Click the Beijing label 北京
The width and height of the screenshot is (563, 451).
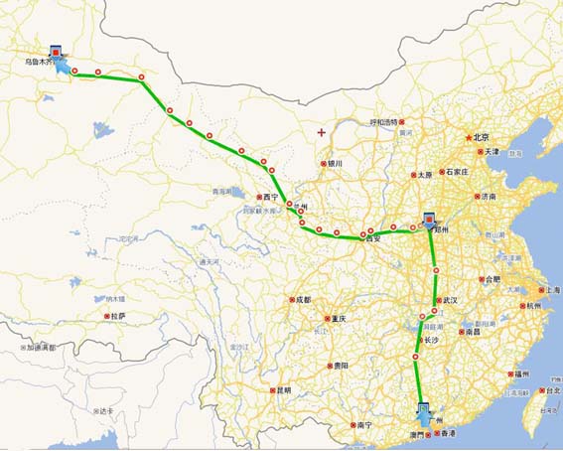pos(482,136)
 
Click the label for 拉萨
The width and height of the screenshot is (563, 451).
pos(119,316)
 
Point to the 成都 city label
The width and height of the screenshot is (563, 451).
pos(302,299)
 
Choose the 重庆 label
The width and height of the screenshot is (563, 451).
pos(338,319)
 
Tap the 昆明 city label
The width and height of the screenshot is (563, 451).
pos(284,390)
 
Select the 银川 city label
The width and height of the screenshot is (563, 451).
pos(335,164)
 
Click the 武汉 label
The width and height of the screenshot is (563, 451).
pos(452,299)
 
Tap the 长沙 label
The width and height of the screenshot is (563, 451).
pos(430,341)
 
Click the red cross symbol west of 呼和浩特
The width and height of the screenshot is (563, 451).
pos(320,131)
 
